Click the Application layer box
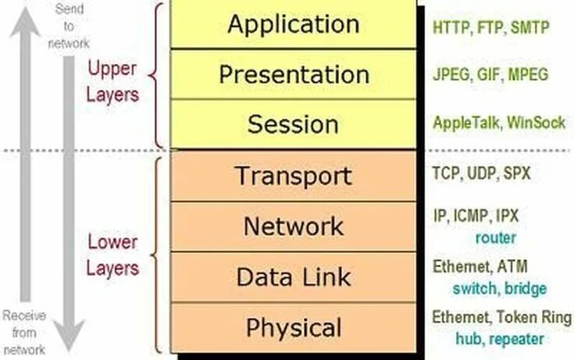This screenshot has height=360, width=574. click(x=294, y=25)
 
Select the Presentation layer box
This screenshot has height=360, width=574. click(x=294, y=75)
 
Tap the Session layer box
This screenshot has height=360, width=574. click(x=294, y=124)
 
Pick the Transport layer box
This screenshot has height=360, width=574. click(x=294, y=176)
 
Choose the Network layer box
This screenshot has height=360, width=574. click(x=294, y=226)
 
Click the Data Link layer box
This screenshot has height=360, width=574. click(x=294, y=276)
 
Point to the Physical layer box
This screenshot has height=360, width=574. click(x=294, y=327)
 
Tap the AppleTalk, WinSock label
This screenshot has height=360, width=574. click(x=498, y=123)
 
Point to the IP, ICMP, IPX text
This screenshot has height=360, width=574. click(x=476, y=215)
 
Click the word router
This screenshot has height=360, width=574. click(x=495, y=237)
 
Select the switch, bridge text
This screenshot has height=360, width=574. click(x=500, y=288)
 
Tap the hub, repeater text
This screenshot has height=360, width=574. click(x=500, y=339)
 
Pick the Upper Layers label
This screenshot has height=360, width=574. click(x=112, y=81)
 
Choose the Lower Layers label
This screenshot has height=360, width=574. click(x=112, y=255)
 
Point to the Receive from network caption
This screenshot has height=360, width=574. click(x=23, y=332)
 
